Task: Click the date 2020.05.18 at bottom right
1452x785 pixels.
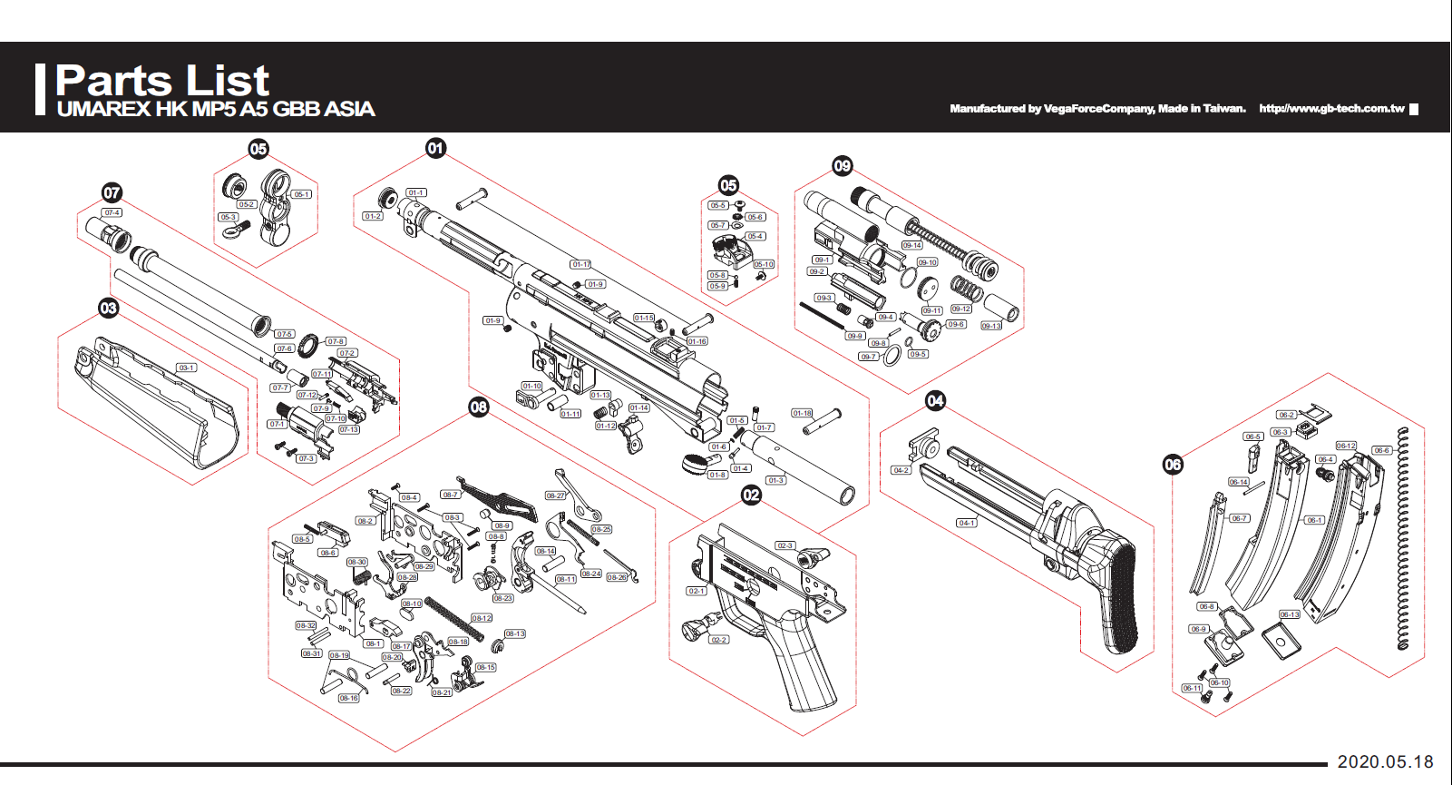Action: pyautogui.click(x=1385, y=761)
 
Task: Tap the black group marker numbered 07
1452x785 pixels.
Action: pyautogui.click(x=112, y=192)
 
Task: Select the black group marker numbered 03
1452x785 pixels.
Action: pyautogui.click(x=109, y=308)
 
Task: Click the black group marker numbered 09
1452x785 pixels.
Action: pyautogui.click(x=843, y=165)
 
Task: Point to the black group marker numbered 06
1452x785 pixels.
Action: pyautogui.click(x=1173, y=465)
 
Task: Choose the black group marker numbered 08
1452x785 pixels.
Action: pyautogui.click(x=479, y=407)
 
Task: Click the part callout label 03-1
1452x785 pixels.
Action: pyautogui.click(x=186, y=368)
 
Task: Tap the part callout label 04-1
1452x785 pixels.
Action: pyautogui.click(x=967, y=523)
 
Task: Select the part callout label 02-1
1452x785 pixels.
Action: pyautogui.click(x=696, y=591)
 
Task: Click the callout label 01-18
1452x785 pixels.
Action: pyautogui.click(x=802, y=413)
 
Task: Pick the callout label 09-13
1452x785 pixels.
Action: pyautogui.click(x=991, y=326)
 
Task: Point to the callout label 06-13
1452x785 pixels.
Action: pyautogui.click(x=1289, y=614)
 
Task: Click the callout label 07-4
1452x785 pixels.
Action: pyautogui.click(x=112, y=212)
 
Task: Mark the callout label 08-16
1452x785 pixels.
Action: pyautogui.click(x=348, y=698)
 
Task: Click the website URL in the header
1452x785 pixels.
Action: pyautogui.click(x=1330, y=108)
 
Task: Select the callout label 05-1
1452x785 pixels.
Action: pyautogui.click(x=301, y=194)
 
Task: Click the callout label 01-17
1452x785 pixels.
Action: pyautogui.click(x=580, y=264)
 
